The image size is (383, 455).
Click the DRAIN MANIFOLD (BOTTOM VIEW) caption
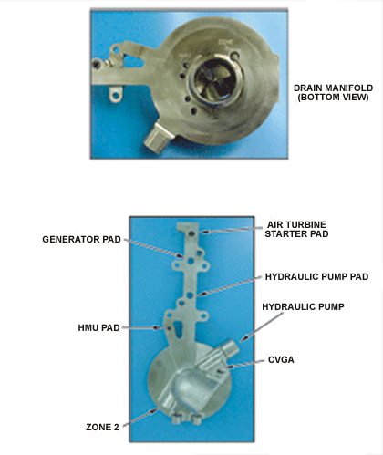[333, 92]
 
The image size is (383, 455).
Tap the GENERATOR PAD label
[81, 240]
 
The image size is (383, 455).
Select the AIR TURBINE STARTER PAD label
[296, 229]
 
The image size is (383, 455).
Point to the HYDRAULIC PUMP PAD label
[316, 277]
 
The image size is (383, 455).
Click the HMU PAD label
[98, 328]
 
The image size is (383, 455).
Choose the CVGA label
[281, 360]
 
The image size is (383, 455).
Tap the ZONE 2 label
[102, 428]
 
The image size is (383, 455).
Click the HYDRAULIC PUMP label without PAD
[303, 307]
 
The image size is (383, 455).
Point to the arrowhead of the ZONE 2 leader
[154, 411]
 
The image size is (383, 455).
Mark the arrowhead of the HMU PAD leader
[157, 328]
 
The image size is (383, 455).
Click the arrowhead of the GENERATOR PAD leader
[180, 256]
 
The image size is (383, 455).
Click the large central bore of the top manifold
[215, 79]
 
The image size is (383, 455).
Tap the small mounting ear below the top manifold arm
[116, 95]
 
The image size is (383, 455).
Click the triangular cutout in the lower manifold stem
[178, 330]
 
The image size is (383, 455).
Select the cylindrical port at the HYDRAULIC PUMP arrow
[231, 349]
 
